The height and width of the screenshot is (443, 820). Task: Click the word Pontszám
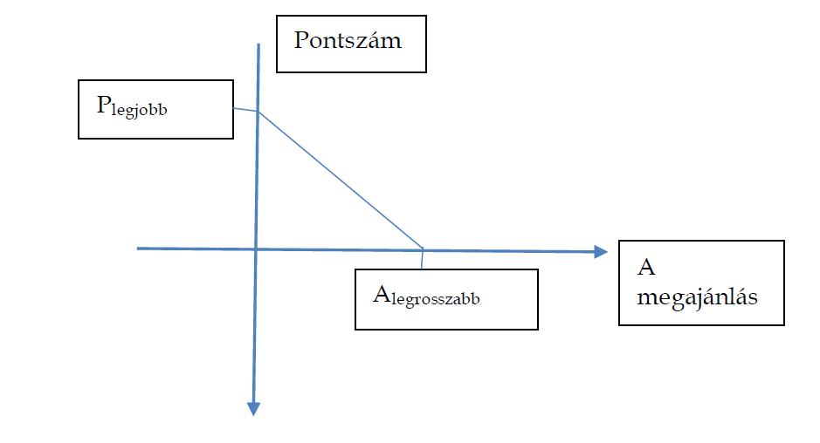click(348, 41)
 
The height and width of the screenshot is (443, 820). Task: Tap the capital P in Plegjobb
click(102, 106)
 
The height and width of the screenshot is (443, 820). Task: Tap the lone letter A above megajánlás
click(646, 267)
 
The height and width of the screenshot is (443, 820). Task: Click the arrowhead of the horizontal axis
click(601, 251)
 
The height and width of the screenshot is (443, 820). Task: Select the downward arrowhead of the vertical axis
click(254, 407)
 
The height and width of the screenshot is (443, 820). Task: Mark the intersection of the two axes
click(256, 249)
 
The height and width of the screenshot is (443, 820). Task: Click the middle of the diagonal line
click(341, 180)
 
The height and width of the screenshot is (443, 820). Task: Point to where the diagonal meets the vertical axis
click(258, 112)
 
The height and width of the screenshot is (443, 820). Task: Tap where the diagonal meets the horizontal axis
click(423, 249)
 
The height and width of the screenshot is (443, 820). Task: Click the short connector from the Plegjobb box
click(245, 109)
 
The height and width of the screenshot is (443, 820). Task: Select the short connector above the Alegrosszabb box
click(423, 259)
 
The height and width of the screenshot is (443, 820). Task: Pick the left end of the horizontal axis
click(139, 249)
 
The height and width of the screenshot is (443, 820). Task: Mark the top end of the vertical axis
click(259, 44)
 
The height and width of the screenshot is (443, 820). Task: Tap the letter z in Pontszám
click(368, 41)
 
